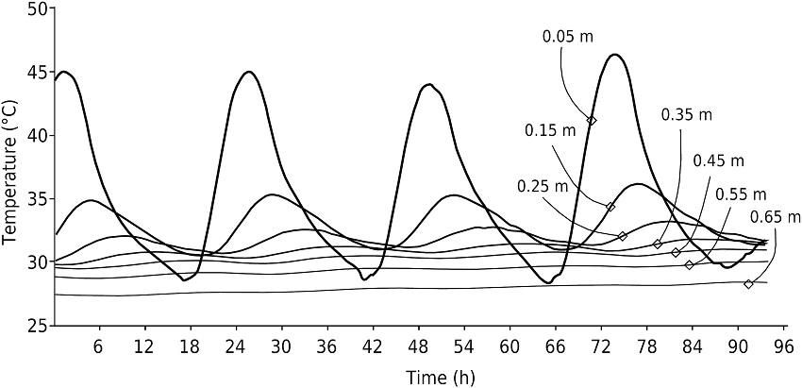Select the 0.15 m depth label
550,129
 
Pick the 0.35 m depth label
686,115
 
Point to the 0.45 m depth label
718,160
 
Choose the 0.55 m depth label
741,194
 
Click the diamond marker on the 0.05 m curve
592,121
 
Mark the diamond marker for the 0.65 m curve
748,284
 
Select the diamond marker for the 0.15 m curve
610,207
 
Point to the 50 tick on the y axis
36,8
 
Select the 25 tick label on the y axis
36,326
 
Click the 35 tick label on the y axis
36,199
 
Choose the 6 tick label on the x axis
98,346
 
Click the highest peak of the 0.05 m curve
615,55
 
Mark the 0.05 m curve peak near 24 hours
249,72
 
